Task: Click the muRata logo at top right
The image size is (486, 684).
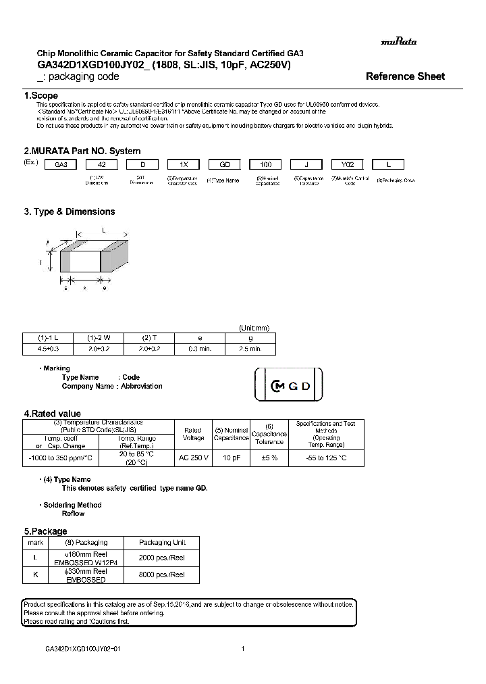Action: (398, 41)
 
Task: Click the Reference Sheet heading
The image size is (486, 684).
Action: (405, 76)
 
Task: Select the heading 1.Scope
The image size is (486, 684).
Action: (41, 96)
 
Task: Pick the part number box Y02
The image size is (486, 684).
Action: (347, 164)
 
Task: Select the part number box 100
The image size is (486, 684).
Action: (266, 164)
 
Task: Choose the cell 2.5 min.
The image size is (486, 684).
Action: (250, 349)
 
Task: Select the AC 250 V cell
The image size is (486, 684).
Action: (193, 458)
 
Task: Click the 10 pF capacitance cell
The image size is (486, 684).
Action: (232, 458)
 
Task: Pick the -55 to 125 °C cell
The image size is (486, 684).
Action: (326, 458)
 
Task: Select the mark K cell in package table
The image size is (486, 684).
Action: (34, 575)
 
